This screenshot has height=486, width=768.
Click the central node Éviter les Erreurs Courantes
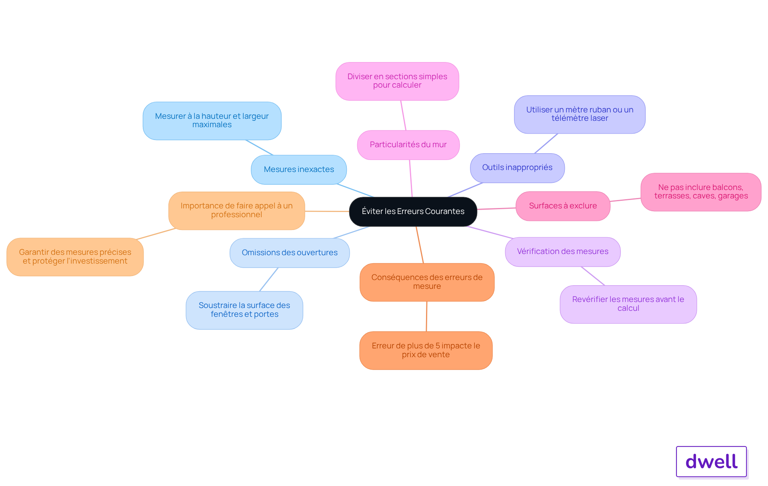[x=413, y=212]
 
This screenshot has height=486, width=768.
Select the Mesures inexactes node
[x=299, y=170]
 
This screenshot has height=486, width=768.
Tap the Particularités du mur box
[x=408, y=145]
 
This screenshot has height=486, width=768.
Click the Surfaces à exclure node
[x=563, y=206]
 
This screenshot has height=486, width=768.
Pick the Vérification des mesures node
[x=562, y=252]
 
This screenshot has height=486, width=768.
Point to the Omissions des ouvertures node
[x=290, y=253]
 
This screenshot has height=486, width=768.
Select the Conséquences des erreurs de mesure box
[x=427, y=282]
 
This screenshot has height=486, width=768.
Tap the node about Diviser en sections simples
[x=397, y=81]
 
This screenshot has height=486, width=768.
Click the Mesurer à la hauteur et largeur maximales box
[x=212, y=121]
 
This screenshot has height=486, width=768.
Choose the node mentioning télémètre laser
[x=580, y=114]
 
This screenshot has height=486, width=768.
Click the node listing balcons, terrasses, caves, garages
[x=701, y=192]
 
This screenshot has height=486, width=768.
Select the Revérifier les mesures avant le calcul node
[x=628, y=304]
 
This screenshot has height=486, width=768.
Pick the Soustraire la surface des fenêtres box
[x=244, y=310]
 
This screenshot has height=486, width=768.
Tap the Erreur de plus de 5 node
[x=426, y=350]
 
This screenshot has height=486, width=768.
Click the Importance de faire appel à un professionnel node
[x=236, y=211]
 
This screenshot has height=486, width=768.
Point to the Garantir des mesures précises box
[x=75, y=257]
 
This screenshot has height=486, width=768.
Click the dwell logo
[x=711, y=462]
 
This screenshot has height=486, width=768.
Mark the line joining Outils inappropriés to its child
[x=546, y=144]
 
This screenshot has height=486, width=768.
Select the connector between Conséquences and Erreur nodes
[x=426, y=316]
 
